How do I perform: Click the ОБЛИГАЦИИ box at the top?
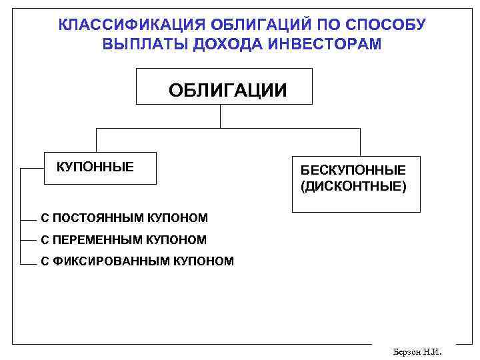(224, 87)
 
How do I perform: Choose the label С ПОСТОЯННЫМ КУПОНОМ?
(124, 218)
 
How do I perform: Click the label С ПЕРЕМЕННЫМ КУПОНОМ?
(123, 239)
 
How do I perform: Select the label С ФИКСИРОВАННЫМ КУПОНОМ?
(137, 261)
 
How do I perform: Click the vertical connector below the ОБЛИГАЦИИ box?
(220, 116)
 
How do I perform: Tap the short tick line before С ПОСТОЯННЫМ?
(29, 219)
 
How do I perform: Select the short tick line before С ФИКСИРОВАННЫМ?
(29, 262)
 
